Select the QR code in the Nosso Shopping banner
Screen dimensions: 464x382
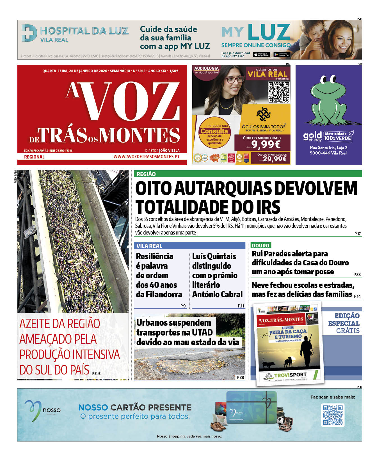coord(333,415)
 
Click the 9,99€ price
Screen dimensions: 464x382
coord(266,144)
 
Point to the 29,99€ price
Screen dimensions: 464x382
coord(275,159)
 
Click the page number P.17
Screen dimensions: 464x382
coord(357,234)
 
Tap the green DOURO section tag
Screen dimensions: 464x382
coord(260,245)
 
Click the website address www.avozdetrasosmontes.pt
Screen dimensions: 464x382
coord(146,157)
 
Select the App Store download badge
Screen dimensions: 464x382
coord(261,55)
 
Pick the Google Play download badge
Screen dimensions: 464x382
coord(282,55)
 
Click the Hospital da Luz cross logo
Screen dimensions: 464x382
coord(29,33)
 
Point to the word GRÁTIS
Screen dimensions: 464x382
coord(348,331)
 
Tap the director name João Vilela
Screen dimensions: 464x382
coord(169,151)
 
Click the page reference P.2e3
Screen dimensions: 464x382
coord(96,373)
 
